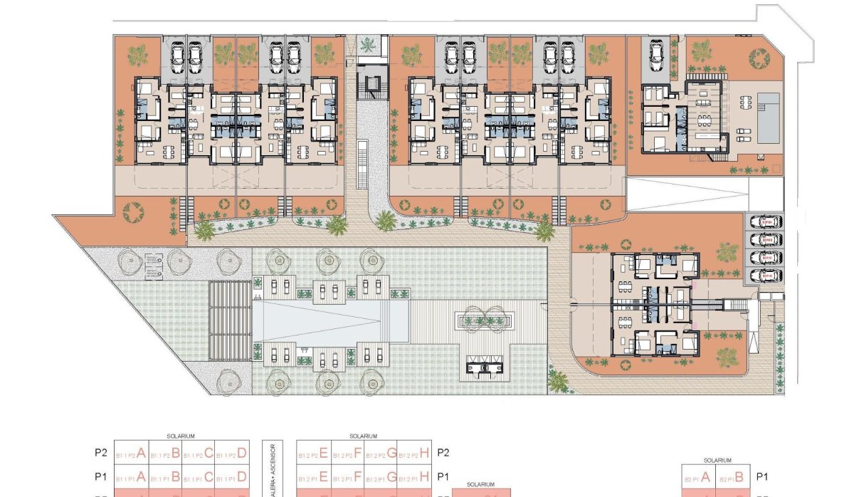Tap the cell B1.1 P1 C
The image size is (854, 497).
[x=198, y=476]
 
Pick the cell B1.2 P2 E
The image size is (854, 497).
[x=312, y=452]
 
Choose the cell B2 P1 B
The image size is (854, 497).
[x=734, y=477]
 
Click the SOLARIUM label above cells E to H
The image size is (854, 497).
[x=363, y=436]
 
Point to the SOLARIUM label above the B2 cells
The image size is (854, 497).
[x=717, y=461]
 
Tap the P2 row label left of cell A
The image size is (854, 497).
[x=100, y=452]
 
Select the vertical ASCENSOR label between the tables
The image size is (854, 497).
[x=271, y=470]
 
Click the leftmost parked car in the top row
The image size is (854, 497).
[x=177, y=55]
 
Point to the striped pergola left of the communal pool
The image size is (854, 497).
[x=230, y=320]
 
